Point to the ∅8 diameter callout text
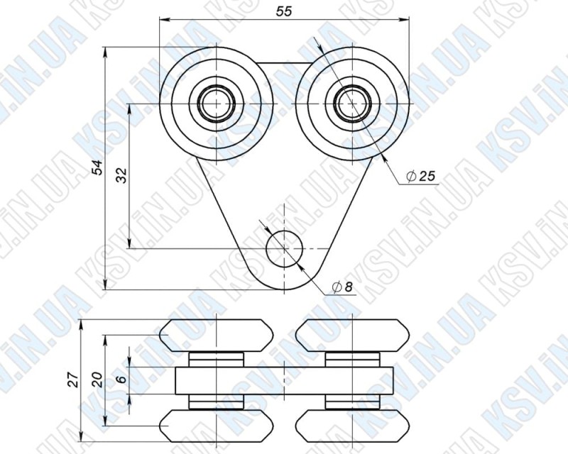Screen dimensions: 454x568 342,287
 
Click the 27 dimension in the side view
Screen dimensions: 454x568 73,380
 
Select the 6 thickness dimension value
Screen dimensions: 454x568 121,380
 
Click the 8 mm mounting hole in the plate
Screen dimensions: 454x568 284,248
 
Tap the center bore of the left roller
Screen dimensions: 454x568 216,104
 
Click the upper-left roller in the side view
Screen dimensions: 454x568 216,333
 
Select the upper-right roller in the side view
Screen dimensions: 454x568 352,333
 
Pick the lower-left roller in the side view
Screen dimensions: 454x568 216,426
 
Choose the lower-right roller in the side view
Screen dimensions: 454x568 352,426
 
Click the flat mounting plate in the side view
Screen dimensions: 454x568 284,380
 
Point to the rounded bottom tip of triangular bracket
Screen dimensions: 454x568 284,288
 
